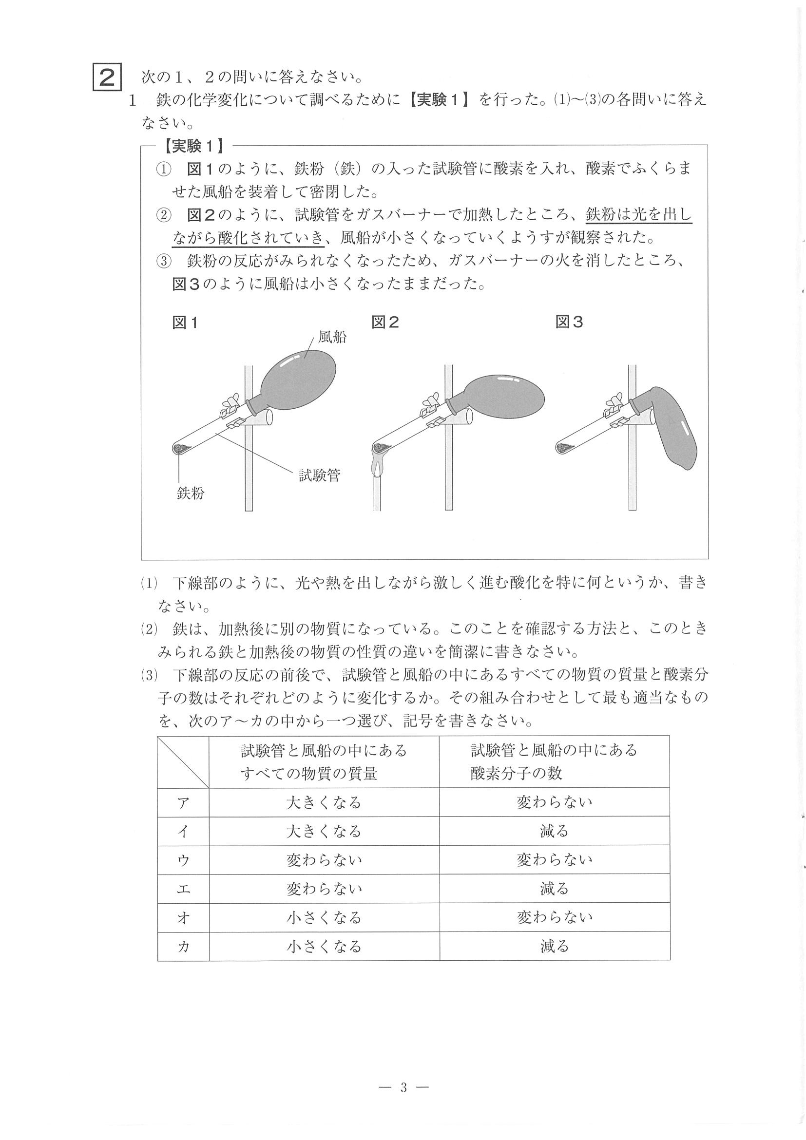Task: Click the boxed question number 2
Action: coord(107,78)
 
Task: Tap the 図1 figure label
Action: coord(185,323)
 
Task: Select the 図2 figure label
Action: coord(385,323)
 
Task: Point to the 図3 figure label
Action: coord(569,323)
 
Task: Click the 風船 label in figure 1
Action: coord(332,337)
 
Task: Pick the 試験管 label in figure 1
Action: coord(319,475)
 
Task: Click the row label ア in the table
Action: coord(183,803)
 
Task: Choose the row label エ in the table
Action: coord(183,889)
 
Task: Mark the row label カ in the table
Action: coord(183,947)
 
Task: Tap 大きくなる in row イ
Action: coord(324,832)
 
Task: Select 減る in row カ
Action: coord(554,947)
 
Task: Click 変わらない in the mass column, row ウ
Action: coord(324,860)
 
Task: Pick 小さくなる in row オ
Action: coord(324,917)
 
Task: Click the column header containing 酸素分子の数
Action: coord(554,761)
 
